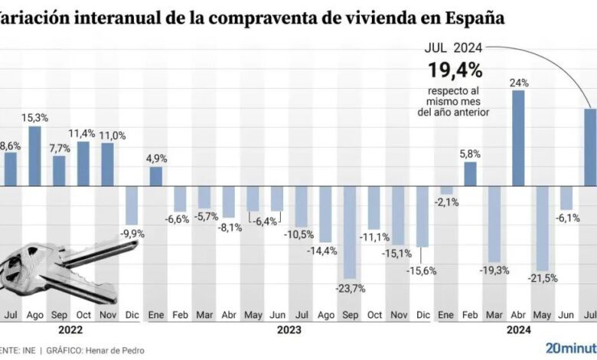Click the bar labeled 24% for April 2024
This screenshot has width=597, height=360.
coord(517,138)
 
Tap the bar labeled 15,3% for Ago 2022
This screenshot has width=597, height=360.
coord(34,155)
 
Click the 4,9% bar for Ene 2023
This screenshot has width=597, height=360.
coord(155,176)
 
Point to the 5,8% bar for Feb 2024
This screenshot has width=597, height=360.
coord(470,174)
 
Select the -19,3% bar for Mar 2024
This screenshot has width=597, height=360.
coord(494,224)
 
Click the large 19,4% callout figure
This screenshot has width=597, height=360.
coord(455,70)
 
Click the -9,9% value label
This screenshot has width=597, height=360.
coord(132,233)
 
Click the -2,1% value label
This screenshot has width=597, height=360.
coord(446,202)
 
